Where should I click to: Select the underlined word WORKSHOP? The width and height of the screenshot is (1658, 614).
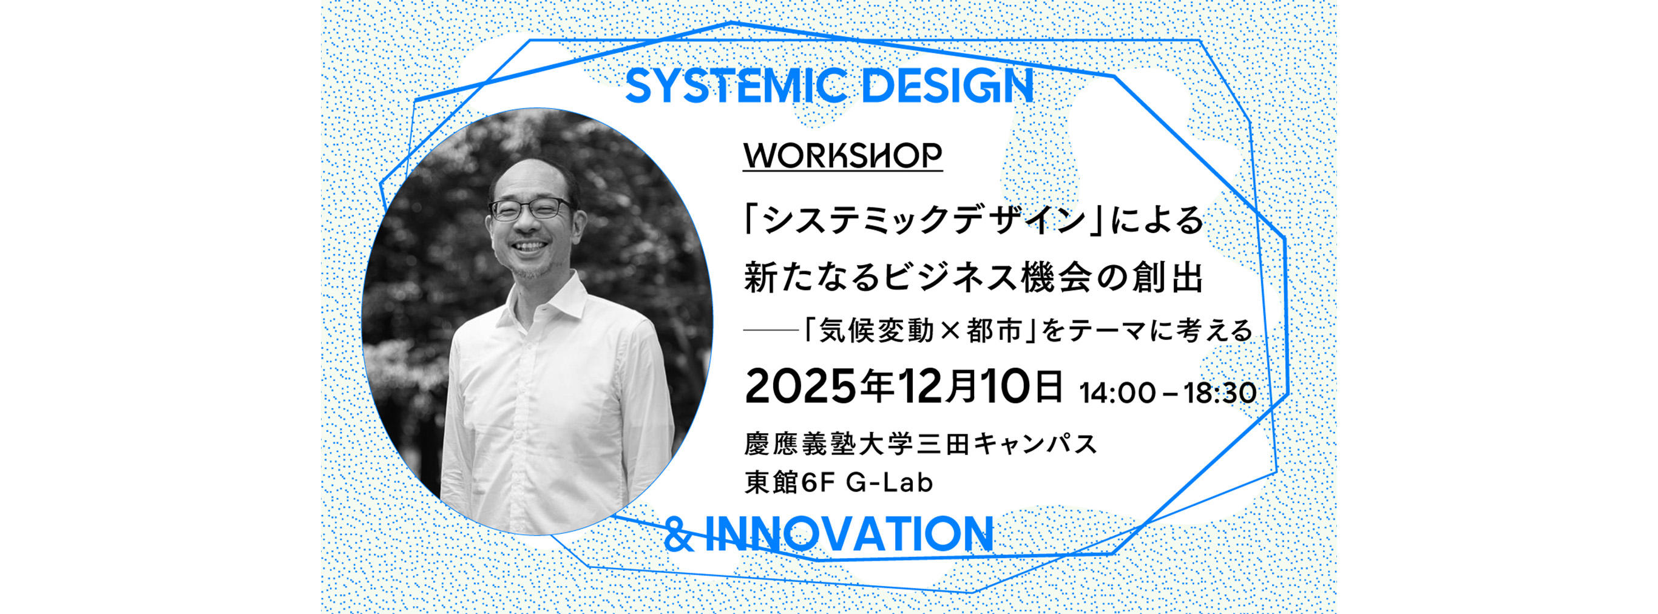842,155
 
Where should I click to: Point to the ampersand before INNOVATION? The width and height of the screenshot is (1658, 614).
678,534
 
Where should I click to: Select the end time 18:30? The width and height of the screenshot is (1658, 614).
1220,393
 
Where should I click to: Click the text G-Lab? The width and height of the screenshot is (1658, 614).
889,482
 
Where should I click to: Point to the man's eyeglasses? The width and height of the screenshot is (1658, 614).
530,209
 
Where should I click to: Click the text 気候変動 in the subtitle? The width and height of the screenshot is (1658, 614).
868,331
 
